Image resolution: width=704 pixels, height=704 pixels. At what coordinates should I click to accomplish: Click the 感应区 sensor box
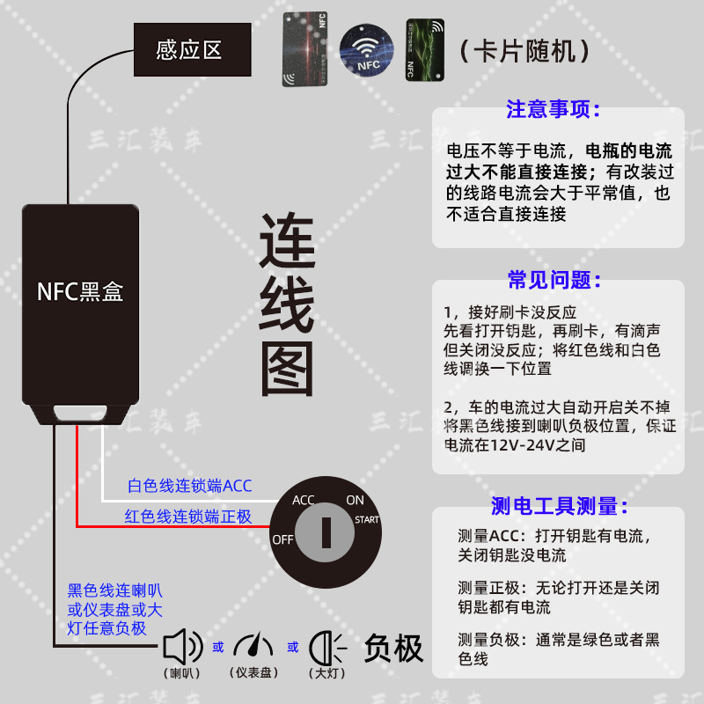pyautogui.click(x=189, y=49)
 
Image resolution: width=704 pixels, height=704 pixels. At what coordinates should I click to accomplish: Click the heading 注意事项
pyautogui.click(x=554, y=110)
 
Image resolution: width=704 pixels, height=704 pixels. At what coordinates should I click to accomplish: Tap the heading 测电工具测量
pyautogui.click(x=560, y=506)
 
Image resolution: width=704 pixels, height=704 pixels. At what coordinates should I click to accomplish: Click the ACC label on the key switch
pyautogui.click(x=304, y=500)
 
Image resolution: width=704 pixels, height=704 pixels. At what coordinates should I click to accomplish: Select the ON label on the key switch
pyautogui.click(x=355, y=500)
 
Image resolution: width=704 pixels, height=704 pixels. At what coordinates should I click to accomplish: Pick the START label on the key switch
pyautogui.click(x=367, y=520)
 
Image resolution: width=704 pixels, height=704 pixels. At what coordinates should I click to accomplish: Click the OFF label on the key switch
pyautogui.click(x=282, y=539)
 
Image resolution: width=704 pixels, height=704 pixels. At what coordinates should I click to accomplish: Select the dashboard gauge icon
pyautogui.click(x=254, y=647)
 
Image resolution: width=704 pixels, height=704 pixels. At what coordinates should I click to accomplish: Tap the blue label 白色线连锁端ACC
pyautogui.click(x=189, y=486)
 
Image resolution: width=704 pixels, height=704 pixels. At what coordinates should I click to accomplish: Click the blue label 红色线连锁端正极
pyautogui.click(x=188, y=517)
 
